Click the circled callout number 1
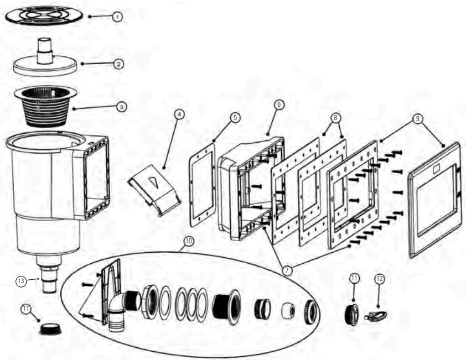tap(116, 17)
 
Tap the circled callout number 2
tap(118, 64)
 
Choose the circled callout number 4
tap(178, 114)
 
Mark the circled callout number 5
tap(235, 118)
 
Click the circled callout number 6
tap(279, 104)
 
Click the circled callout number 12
tap(380, 279)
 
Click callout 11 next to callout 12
tap(355, 279)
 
